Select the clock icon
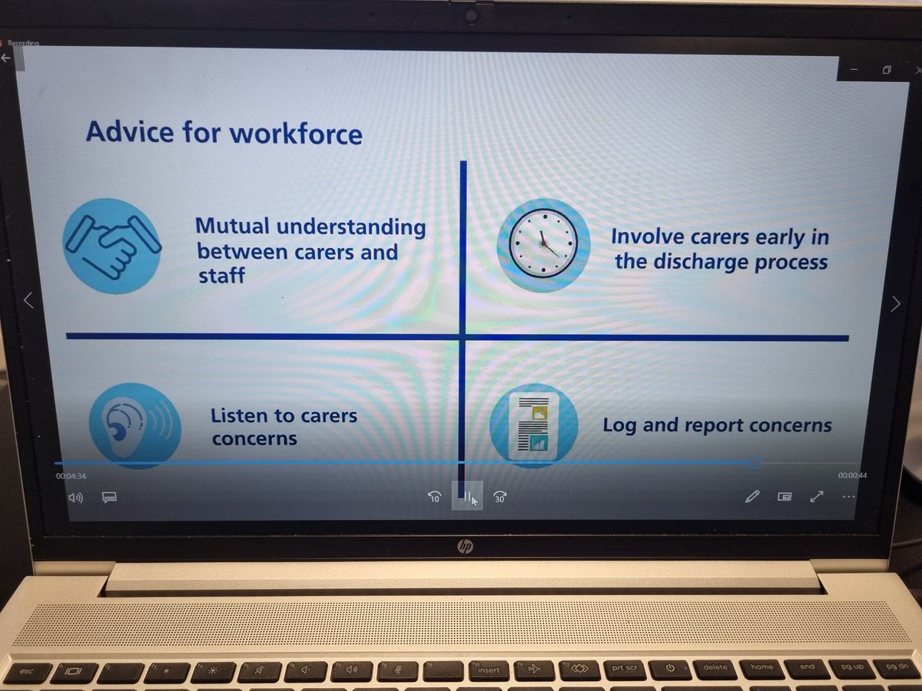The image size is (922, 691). (543, 245)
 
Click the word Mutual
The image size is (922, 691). (231, 227)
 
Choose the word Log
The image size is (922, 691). (619, 425)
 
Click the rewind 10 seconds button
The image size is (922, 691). (434, 498)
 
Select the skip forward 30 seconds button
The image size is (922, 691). (499, 498)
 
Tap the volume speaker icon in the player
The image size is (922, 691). (75, 497)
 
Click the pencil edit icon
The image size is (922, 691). (751, 497)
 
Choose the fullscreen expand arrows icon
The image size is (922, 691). (817, 497)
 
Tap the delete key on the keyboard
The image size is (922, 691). (715, 667)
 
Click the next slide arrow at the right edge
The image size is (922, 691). (895, 303)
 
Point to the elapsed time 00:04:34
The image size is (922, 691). (71, 476)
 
